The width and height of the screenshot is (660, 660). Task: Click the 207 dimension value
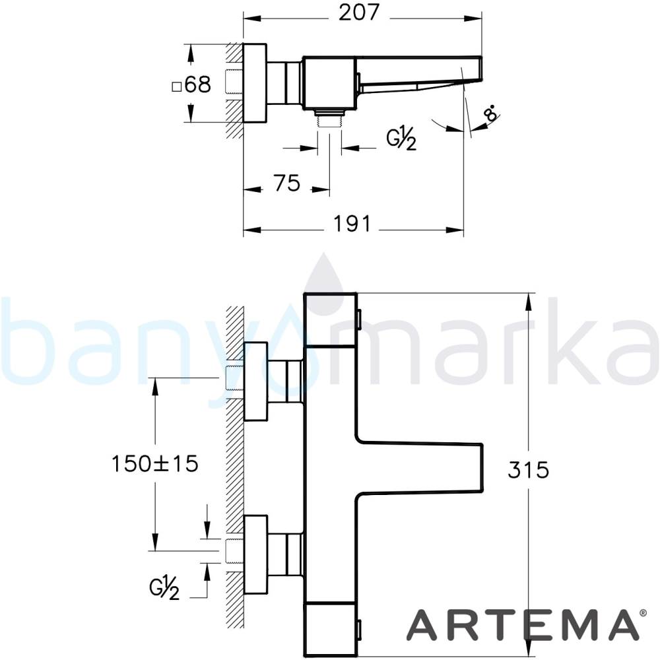pos(359,13)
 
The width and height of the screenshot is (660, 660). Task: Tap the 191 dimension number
pos(352,224)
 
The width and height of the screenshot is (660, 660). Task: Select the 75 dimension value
pos(287,183)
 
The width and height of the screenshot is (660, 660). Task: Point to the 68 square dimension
pos(192,84)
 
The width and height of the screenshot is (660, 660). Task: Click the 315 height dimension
pos(528,470)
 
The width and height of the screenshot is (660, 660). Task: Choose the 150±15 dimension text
pos(155,464)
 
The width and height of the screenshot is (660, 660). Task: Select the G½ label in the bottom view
pos(164,588)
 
